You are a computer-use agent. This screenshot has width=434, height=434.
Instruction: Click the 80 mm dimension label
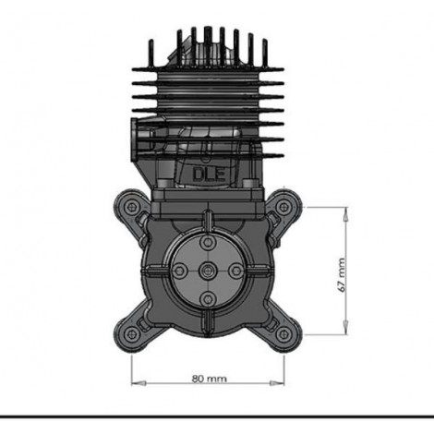(210, 379)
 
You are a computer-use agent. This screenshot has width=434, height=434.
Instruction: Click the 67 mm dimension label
(342, 275)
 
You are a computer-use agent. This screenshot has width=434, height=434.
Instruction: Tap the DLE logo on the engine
(209, 175)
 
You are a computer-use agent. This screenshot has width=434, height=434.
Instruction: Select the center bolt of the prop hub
(208, 271)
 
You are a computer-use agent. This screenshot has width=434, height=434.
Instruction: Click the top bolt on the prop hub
(208, 244)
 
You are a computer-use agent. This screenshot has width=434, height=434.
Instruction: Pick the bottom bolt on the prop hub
(208, 298)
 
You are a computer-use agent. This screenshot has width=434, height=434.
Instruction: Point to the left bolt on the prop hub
(180, 271)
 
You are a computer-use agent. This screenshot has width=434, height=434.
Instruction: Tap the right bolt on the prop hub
(235, 271)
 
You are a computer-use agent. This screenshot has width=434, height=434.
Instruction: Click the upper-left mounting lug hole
(133, 207)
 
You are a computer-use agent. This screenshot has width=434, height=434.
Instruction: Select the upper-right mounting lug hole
(283, 207)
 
